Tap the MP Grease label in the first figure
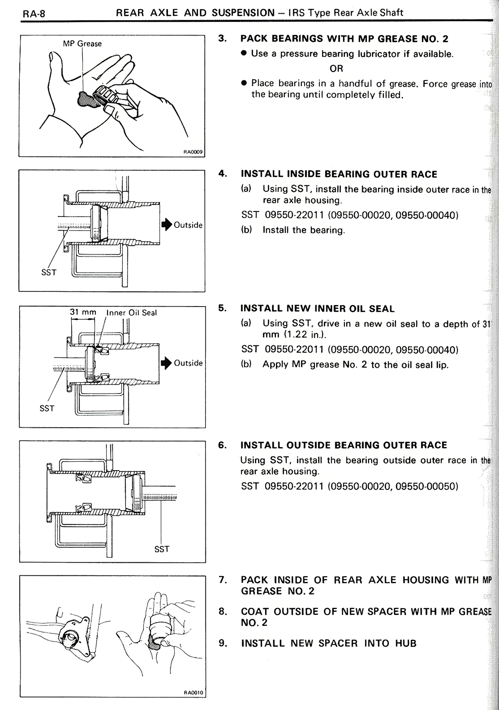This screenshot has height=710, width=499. click(x=82, y=44)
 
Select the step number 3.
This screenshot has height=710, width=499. click(x=222, y=39)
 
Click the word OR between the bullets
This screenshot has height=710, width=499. click(x=336, y=69)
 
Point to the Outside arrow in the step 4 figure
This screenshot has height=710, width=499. click(x=166, y=225)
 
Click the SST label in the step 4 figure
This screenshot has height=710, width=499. click(x=49, y=272)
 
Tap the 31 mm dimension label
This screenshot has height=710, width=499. click(x=83, y=312)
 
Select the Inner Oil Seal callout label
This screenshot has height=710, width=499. click(x=132, y=312)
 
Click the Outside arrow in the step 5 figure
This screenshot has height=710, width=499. click(x=166, y=363)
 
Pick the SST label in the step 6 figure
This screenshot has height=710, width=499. click(x=162, y=549)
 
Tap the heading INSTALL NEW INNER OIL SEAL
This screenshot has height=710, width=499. click(x=317, y=309)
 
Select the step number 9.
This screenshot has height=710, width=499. click(x=222, y=643)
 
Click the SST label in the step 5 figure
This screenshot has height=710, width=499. click(x=47, y=408)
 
